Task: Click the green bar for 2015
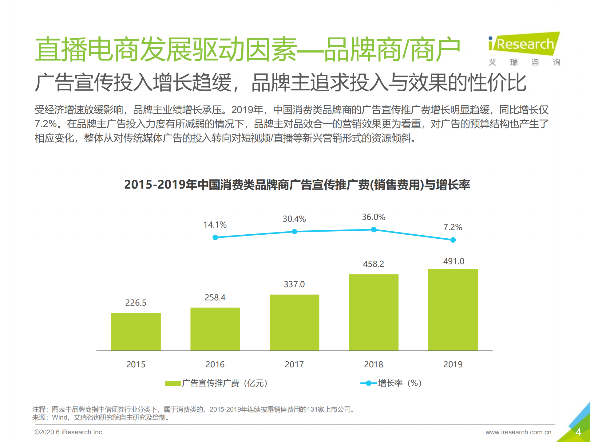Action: (136, 332)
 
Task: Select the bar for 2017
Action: (294, 323)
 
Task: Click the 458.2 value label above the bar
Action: (373, 264)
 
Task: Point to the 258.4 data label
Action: (215, 297)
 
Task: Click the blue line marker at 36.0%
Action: (374, 229)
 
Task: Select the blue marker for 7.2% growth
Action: (453, 240)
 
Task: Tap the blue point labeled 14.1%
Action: (215, 237)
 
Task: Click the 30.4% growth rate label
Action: (294, 219)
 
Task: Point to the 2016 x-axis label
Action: (215, 364)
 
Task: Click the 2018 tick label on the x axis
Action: (374, 364)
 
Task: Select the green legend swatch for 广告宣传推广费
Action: (172, 383)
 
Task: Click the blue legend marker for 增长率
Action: (368, 383)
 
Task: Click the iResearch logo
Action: (524, 45)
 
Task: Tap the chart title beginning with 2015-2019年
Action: (297, 185)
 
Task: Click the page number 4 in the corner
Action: (578, 432)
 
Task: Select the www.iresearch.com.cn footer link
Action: (518, 432)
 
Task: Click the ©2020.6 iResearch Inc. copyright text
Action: (69, 432)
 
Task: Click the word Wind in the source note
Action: (60, 417)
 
